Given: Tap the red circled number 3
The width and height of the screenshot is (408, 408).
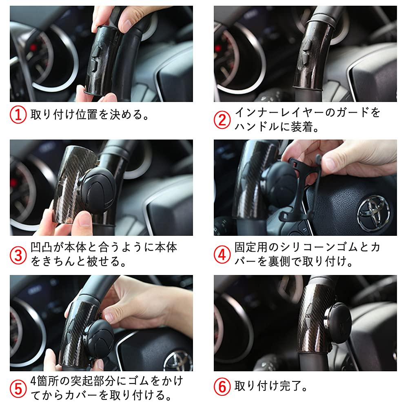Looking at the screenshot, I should [18, 255].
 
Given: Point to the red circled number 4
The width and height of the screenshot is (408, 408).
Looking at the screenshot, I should [222, 255].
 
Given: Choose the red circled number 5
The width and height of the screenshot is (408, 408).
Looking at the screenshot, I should [18, 388].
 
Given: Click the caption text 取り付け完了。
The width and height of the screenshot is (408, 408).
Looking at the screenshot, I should [271, 386].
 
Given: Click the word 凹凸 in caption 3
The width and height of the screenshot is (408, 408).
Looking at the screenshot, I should [40, 248].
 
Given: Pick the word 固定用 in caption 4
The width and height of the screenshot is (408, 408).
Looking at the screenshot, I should [249, 248].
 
